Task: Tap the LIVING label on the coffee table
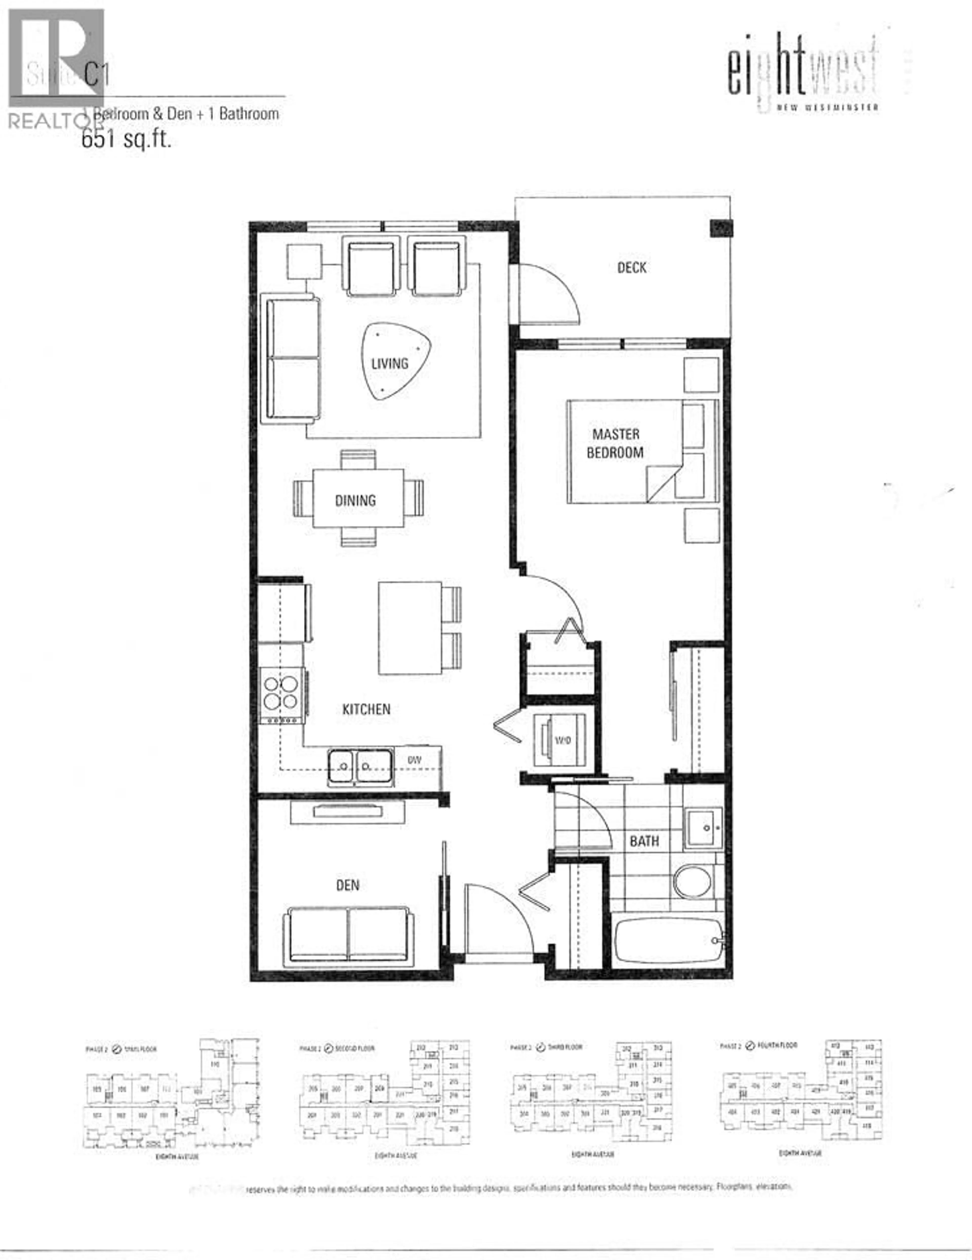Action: pyautogui.click(x=390, y=363)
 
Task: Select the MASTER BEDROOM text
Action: pyautogui.click(x=615, y=443)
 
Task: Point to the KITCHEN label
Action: pyautogui.click(x=366, y=709)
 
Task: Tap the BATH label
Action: pyautogui.click(x=644, y=841)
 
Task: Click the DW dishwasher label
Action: pyautogui.click(x=414, y=760)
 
